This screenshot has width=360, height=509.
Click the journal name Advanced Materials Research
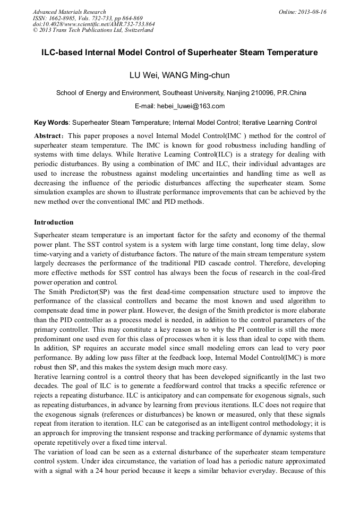coord(69,12)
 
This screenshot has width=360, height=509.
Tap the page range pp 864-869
coord(125,18)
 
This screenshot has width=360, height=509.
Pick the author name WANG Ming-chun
coord(198,75)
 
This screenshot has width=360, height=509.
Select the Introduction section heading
coord(54,222)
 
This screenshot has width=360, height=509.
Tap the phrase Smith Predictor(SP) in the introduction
coord(72,292)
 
